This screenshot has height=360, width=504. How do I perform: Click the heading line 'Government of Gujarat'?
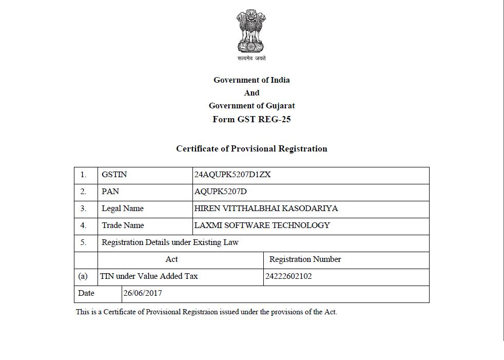pyautogui.click(x=251, y=106)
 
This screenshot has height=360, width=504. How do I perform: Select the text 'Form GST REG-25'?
pyautogui.click(x=251, y=119)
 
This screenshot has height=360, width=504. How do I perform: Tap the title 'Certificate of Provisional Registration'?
pyautogui.click(x=251, y=149)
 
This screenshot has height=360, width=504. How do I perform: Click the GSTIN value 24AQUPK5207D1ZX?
pyautogui.click(x=232, y=175)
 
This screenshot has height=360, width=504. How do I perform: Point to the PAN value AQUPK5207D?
pyautogui.click(x=221, y=192)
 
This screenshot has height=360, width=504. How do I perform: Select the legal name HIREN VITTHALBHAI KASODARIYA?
pyautogui.click(x=266, y=209)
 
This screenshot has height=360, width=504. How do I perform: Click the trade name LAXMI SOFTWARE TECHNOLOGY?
pyautogui.click(x=262, y=225)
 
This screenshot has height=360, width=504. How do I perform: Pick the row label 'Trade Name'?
pyautogui.click(x=123, y=225)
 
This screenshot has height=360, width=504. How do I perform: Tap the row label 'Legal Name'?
pyautogui.click(x=122, y=209)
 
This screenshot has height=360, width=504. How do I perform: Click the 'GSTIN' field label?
pyautogui.click(x=114, y=175)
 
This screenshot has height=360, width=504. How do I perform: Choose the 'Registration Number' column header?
pyautogui.click(x=305, y=259)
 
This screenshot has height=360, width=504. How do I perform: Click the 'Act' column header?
pyautogui.click(x=171, y=259)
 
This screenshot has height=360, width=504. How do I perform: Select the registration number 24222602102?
pyautogui.click(x=288, y=276)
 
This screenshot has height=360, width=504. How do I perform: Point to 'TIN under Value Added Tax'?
pyautogui.click(x=149, y=276)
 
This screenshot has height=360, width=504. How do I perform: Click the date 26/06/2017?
pyautogui.click(x=143, y=293)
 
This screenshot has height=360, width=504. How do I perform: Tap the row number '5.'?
pyautogui.click(x=83, y=242)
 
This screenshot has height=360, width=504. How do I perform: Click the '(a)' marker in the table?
pyautogui.click(x=83, y=276)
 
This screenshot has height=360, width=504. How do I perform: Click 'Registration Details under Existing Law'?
pyautogui.click(x=170, y=242)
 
